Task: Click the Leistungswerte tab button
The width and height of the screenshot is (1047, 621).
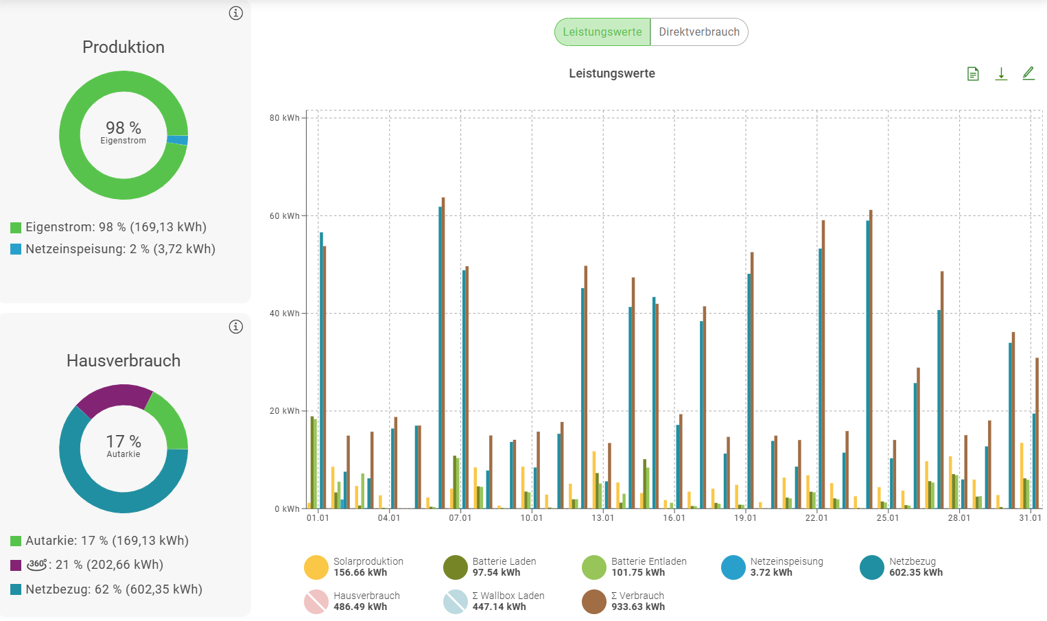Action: tap(602, 32)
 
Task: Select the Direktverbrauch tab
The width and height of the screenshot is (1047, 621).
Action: tap(699, 32)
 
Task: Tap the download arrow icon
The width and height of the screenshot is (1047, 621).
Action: tap(1001, 73)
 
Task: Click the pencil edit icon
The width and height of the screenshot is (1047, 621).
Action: tap(1028, 73)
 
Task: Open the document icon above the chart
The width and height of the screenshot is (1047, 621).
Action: tap(973, 73)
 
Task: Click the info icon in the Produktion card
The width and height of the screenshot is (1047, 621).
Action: tap(236, 13)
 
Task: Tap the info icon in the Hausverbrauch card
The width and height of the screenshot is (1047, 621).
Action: tap(236, 327)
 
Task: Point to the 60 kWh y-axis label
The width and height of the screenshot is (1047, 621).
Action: tap(284, 216)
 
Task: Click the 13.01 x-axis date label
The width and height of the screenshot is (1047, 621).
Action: tap(603, 518)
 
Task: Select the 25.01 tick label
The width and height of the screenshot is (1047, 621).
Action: tap(888, 518)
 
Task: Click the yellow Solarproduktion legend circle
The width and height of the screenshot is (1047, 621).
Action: tap(316, 567)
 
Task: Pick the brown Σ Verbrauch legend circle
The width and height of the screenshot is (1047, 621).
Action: tap(594, 602)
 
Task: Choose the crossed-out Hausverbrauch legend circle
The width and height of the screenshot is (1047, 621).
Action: tap(316, 602)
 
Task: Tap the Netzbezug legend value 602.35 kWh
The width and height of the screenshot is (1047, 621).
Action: tap(916, 573)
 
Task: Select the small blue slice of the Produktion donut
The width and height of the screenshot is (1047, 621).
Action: tap(178, 140)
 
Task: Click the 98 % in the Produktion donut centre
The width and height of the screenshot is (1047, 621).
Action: tap(123, 128)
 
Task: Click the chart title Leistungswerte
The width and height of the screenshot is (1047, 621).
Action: tap(612, 73)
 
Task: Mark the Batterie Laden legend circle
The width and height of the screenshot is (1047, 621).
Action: tap(456, 567)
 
